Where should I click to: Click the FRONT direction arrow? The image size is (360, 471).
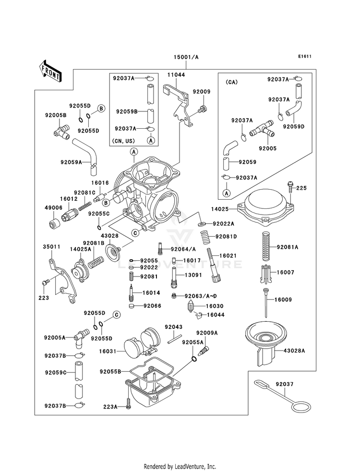[50, 71]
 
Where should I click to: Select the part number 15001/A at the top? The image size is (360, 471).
[186, 57]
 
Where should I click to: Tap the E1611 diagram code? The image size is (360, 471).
[305, 56]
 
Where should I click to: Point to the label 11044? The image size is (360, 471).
[176, 75]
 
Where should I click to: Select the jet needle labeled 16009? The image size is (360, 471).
[266, 303]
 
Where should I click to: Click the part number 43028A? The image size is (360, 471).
[294, 350]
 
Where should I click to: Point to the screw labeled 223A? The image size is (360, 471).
[129, 403]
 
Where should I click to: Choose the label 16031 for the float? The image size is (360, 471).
[108, 351]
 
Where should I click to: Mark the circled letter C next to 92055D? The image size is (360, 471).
[117, 315]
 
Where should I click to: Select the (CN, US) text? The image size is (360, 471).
[123, 141]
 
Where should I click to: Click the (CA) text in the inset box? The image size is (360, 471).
[231, 82]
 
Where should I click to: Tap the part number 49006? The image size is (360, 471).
[53, 208]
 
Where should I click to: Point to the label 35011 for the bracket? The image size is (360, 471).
[51, 247]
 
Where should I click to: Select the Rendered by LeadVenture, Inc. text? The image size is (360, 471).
[180, 467]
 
